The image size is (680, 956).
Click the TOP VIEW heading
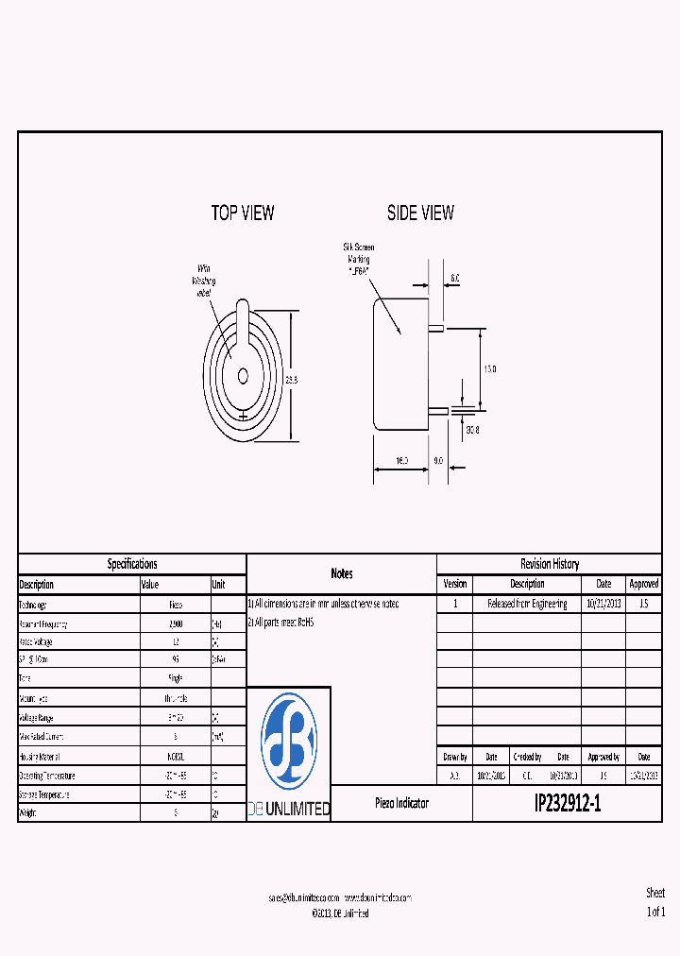click(x=243, y=213)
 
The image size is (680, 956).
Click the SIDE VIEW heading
click(x=420, y=213)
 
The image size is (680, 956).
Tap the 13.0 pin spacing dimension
click(x=489, y=368)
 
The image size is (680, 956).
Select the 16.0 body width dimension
click(x=400, y=460)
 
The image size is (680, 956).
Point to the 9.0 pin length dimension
click(x=438, y=460)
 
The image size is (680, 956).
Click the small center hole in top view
click(x=243, y=375)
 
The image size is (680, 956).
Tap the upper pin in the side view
click(x=436, y=328)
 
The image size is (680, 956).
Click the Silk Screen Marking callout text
click(x=358, y=258)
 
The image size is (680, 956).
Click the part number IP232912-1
click(x=567, y=804)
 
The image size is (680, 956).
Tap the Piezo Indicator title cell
click(x=401, y=803)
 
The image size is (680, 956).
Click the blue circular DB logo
click(x=288, y=742)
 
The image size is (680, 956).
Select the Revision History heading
click(x=549, y=564)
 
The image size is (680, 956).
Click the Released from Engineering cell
click(x=527, y=604)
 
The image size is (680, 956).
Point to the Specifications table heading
click(x=132, y=564)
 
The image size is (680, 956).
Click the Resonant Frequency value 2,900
click(x=176, y=624)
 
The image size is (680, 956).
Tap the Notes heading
click(x=341, y=573)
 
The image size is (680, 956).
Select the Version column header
click(x=454, y=584)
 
